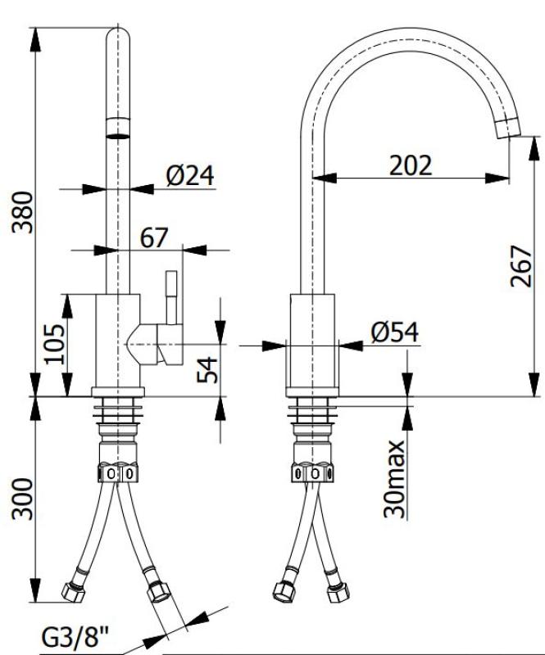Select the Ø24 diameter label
pos(189,176)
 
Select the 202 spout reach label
pos(411,165)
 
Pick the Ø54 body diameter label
pos(393,332)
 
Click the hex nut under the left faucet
pos(120,473)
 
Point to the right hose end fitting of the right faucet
pos(335,591)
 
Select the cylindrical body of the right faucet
pos(313,339)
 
